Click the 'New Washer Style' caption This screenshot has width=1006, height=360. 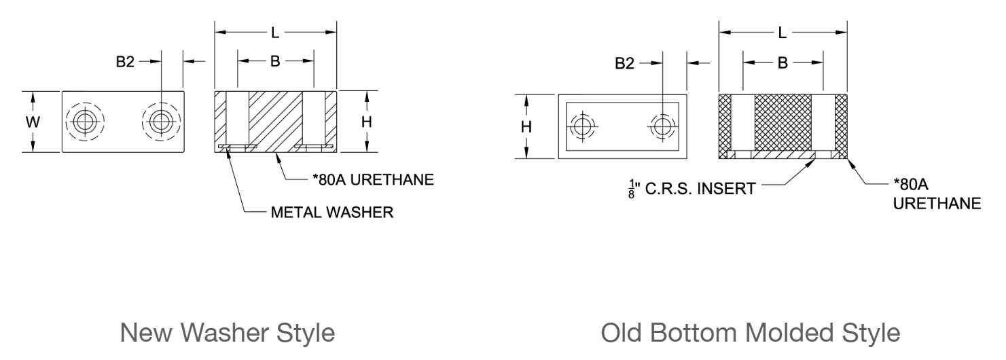[x=228, y=333]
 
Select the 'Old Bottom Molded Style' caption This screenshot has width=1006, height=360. [x=751, y=333]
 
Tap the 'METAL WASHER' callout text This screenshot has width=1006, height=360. [x=332, y=213]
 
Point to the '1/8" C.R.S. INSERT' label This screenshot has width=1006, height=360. [x=692, y=189]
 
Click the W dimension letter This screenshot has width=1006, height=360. [x=33, y=122]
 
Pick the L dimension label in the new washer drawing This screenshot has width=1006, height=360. [x=275, y=33]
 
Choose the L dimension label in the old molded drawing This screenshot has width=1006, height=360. [x=783, y=33]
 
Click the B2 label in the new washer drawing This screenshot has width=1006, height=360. [x=125, y=62]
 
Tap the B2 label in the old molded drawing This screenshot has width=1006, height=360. [x=624, y=64]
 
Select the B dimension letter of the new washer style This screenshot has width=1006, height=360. [x=275, y=61]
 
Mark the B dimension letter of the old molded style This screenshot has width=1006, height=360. [x=783, y=63]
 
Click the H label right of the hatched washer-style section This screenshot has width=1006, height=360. [x=367, y=122]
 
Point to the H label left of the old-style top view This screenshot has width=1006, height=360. [x=526, y=128]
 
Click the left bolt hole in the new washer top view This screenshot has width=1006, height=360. [x=85, y=121]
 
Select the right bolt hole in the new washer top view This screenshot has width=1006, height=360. [x=161, y=121]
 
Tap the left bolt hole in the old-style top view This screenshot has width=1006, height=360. [x=583, y=126]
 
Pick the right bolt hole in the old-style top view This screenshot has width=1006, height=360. [x=662, y=126]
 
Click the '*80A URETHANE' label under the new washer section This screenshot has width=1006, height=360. [x=373, y=180]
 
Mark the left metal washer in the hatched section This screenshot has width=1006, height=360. [x=238, y=147]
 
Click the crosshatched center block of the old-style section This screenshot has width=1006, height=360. [x=783, y=122]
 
